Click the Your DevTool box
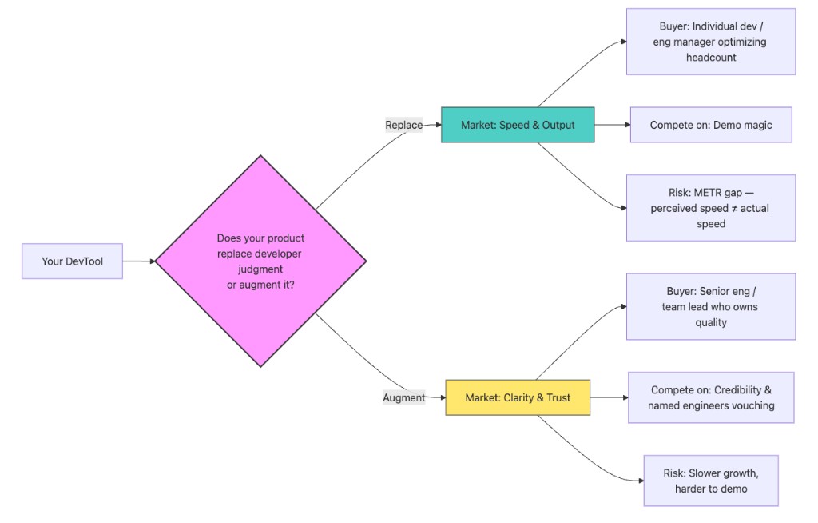coord(72,261)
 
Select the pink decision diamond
coord(260,261)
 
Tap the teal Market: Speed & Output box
coord(518,125)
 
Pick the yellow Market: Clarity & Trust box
coord(518,397)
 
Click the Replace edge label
coord(403,125)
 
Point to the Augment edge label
coord(403,397)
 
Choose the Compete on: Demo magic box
coord(710,125)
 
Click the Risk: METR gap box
coord(710,208)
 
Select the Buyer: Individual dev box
coord(710,42)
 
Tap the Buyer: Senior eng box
coord(710,306)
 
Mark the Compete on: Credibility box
coord(710,397)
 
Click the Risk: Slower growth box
coord(710,481)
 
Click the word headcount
coord(710,58)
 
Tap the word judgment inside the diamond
coord(260,269)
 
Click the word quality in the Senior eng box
coord(710,322)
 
